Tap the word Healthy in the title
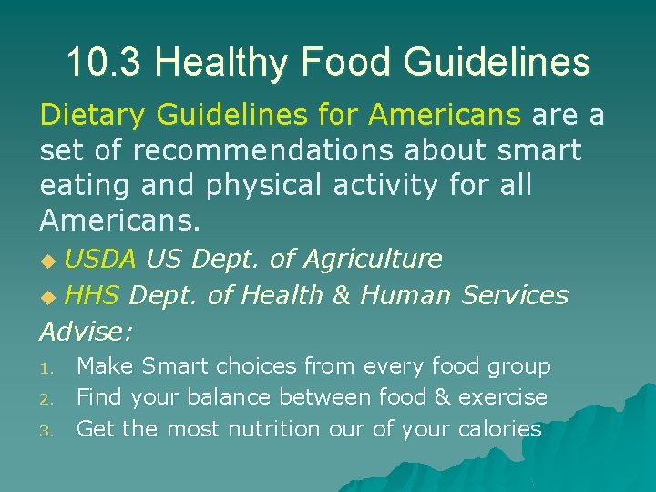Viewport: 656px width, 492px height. tap(222, 62)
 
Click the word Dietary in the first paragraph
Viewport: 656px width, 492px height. tap(94, 116)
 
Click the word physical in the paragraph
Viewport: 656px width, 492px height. tap(260, 185)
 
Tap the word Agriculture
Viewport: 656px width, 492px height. tap(372, 260)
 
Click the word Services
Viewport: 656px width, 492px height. tap(515, 295)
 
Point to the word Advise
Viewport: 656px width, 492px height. tap(87, 330)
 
